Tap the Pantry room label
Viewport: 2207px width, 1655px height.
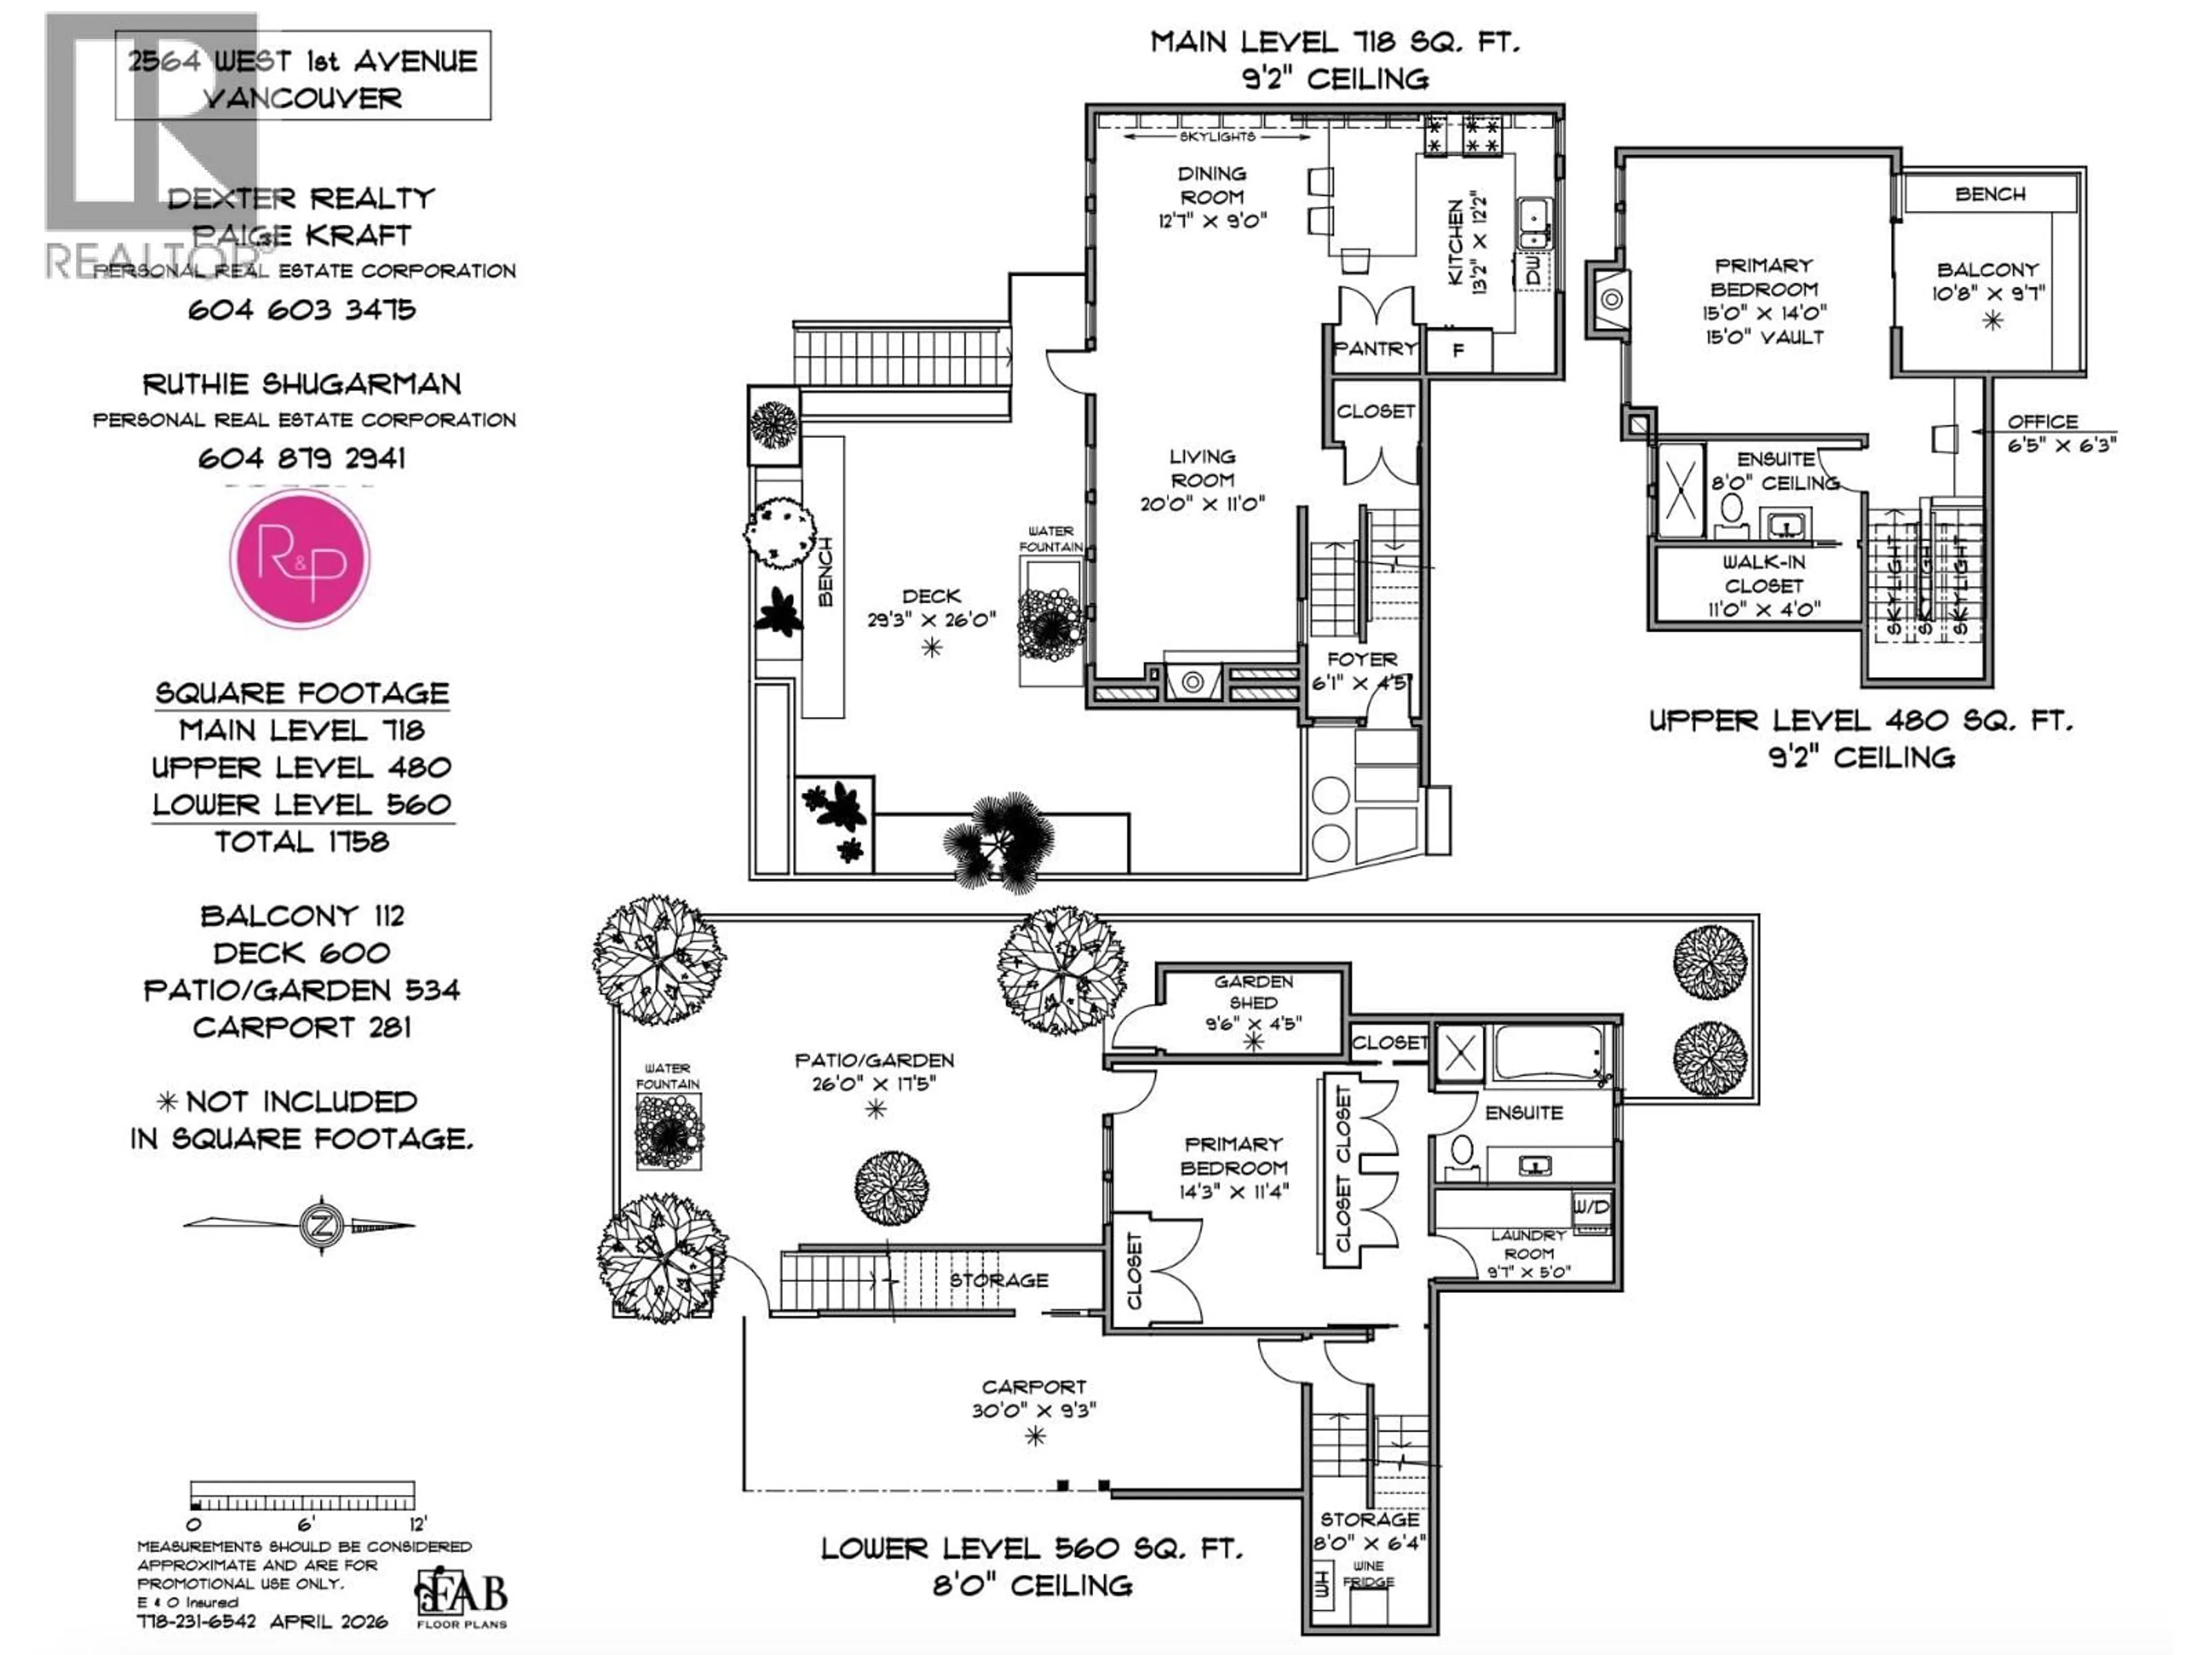coord(1375,348)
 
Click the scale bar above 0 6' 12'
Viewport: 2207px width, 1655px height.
coord(302,1495)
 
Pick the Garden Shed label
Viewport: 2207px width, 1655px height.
coord(1253,992)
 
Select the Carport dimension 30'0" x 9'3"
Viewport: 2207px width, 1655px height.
coord(1033,1411)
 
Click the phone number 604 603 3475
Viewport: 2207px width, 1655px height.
coord(301,310)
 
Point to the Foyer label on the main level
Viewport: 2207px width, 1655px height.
coord(1362,659)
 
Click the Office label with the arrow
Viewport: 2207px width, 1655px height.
coord(2043,422)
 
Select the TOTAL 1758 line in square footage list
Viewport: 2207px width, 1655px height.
coord(301,842)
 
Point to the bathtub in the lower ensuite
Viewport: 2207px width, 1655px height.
coord(1549,1056)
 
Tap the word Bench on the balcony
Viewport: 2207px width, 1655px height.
coord(1990,195)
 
